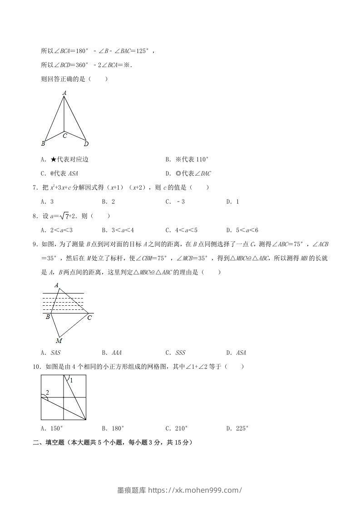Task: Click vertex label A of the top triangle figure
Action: [64, 93]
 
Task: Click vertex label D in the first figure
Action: [86, 144]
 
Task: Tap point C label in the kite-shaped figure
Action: [65, 135]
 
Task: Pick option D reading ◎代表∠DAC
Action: [188, 173]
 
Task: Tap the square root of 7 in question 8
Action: [66, 216]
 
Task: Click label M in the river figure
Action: [59, 341]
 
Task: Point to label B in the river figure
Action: [48, 317]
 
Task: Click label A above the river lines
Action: [56, 285]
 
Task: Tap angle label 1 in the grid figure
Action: [71, 380]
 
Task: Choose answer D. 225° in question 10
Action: [237, 428]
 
